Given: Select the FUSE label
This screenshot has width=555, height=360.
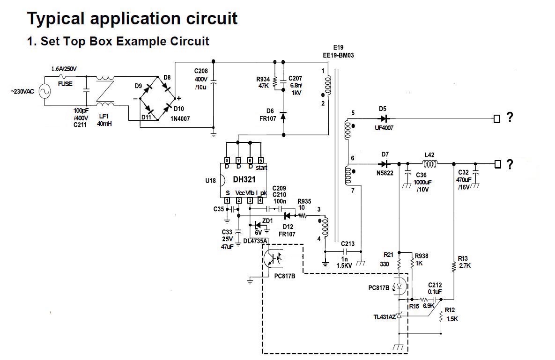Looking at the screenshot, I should (65, 84).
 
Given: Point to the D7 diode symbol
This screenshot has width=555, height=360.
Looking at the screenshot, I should (385, 164).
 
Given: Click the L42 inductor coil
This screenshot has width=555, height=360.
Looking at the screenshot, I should (430, 164).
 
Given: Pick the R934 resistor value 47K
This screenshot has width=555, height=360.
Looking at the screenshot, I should (263, 86).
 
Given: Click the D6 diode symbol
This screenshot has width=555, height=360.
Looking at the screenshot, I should (282, 115).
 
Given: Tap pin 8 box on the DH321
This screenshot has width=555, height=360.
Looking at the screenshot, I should (227, 160).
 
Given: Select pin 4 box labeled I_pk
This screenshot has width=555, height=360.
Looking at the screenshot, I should (260, 200).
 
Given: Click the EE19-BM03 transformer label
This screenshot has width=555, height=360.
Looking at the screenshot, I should (338, 55).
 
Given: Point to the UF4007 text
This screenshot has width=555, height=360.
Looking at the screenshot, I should (384, 128).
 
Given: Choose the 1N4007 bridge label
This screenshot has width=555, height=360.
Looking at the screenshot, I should (180, 118).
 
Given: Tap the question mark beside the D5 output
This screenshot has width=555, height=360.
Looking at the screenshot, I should (510, 118).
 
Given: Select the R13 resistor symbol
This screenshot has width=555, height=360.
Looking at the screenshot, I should (454, 267).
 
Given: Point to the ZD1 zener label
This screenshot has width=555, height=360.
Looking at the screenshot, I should (267, 220).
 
